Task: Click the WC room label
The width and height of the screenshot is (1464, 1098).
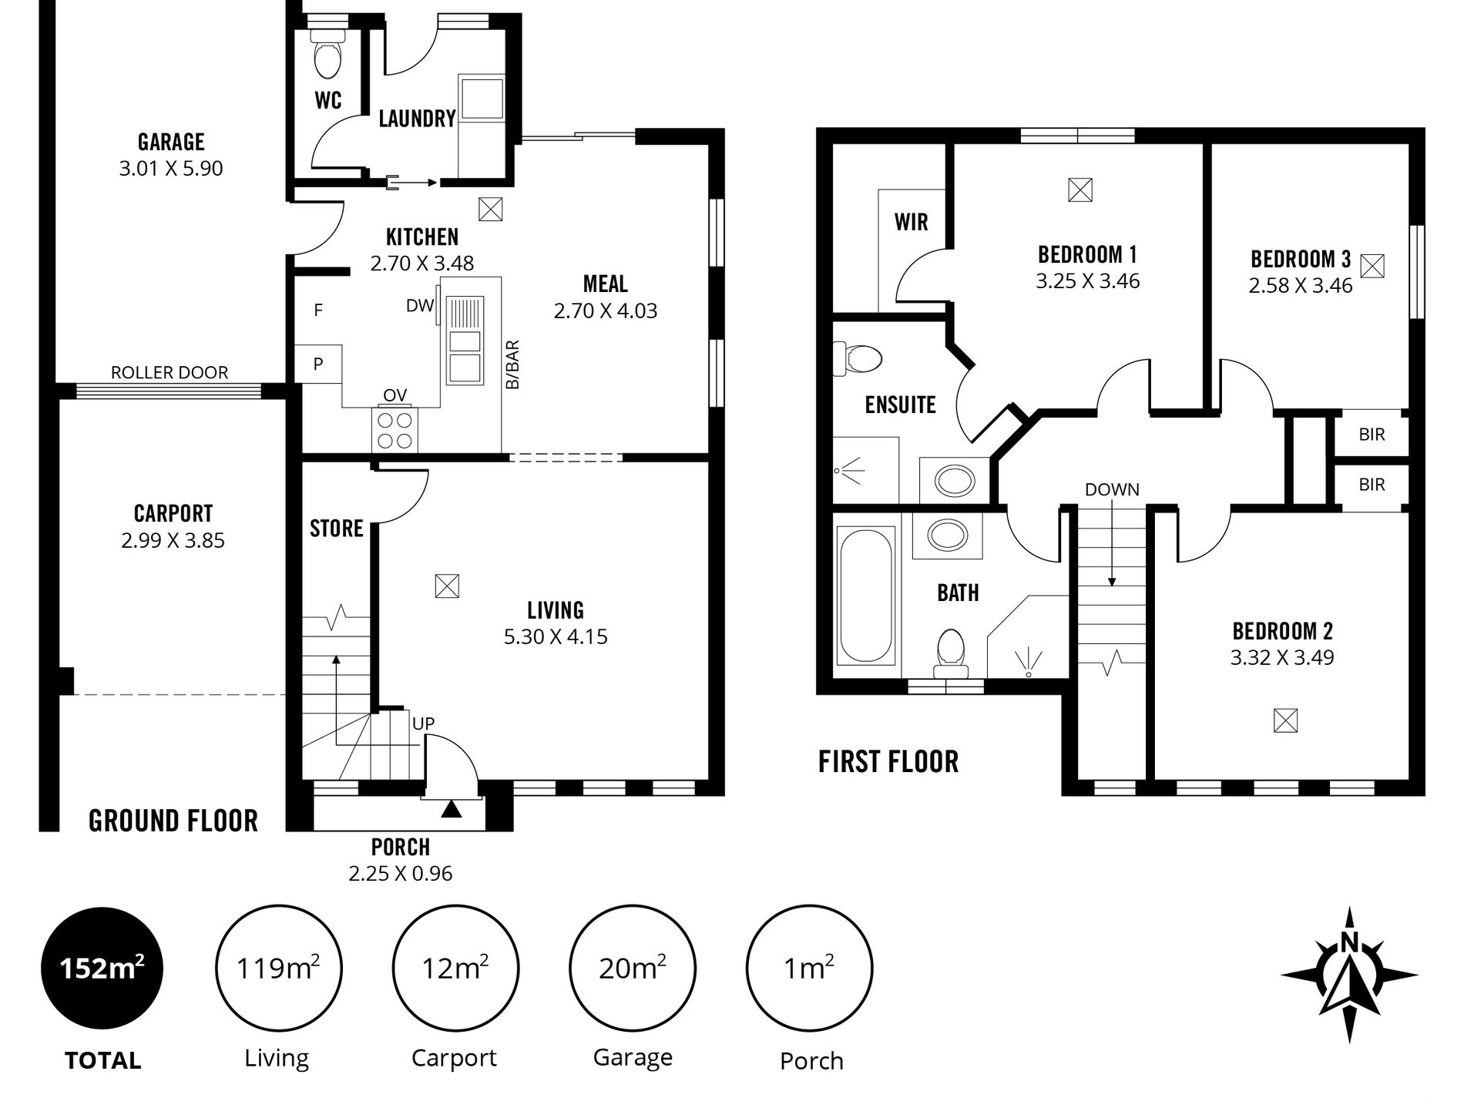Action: pos(328,100)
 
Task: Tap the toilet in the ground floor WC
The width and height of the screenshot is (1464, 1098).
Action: pos(328,53)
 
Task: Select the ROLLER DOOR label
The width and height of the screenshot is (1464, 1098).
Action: pos(170,373)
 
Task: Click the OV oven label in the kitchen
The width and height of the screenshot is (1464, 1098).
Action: pos(395,396)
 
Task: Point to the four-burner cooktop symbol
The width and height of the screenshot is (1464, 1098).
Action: pos(395,431)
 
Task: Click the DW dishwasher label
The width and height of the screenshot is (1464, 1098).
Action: pos(420,306)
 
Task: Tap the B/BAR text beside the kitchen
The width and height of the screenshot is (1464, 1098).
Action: pos(512,364)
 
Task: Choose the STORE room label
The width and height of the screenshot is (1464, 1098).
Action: pos(337,529)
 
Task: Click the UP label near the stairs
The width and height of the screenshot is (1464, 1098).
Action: pos(424,724)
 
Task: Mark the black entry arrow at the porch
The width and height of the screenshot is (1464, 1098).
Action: pos(451,809)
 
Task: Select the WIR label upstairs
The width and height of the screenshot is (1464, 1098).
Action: pos(912,223)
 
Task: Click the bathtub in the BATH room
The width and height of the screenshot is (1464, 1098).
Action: pos(867,596)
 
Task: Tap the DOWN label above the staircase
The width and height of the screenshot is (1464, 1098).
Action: pos(1112,490)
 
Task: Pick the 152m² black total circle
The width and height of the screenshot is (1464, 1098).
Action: pos(102,967)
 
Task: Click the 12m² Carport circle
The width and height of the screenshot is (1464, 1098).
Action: pos(455,968)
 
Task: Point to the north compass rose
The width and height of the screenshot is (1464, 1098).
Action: pos(1349,975)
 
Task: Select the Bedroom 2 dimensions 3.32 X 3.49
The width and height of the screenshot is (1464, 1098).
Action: pos(1282,658)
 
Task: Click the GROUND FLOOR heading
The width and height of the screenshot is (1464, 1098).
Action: pos(173,821)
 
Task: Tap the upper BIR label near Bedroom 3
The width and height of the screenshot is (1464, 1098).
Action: pos(1372,435)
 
